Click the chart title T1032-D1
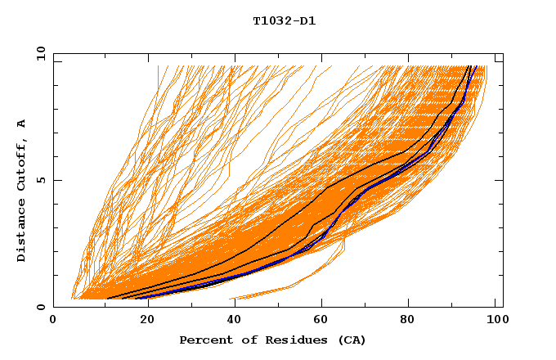click(x=284, y=20)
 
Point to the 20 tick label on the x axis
click(x=142, y=321)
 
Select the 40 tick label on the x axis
click(x=231, y=321)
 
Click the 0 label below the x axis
click(x=53, y=321)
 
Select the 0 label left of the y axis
click(x=39, y=307)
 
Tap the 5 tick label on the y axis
click(x=39, y=180)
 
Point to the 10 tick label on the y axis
click(x=39, y=53)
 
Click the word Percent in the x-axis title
click(x=204, y=340)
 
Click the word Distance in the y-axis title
click(x=21, y=228)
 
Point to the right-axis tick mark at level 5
click(x=500, y=180)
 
